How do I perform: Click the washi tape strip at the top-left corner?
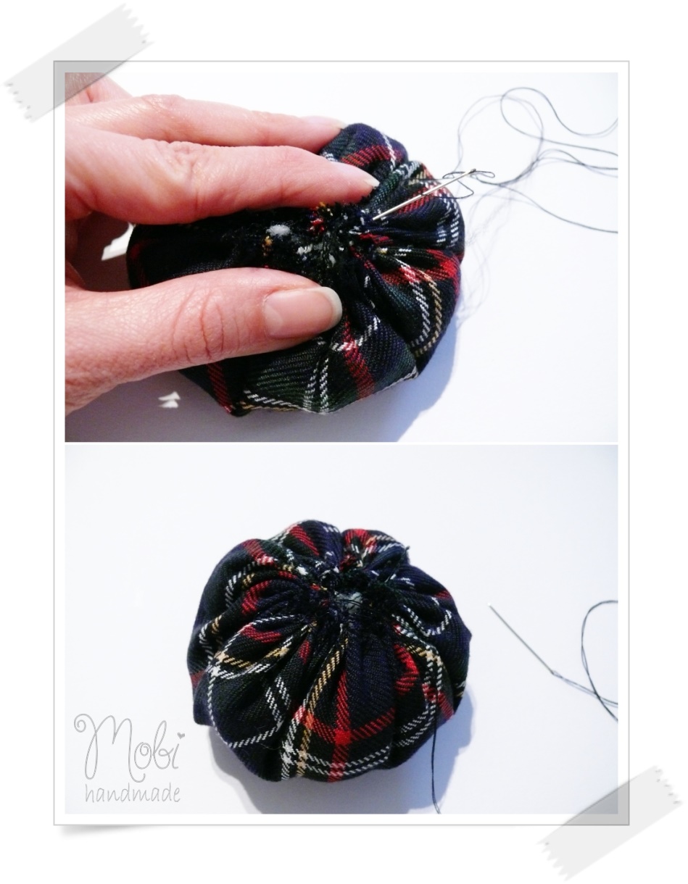tap(78, 60)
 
